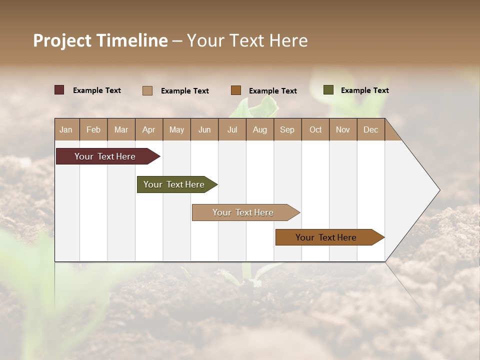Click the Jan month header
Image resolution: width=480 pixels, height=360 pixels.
point(66,129)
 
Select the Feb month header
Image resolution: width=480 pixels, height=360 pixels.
point(93,129)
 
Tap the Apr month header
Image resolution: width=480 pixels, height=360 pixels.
point(149,129)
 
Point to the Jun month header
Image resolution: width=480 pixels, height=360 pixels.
point(204,129)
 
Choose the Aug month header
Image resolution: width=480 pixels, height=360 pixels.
point(260,129)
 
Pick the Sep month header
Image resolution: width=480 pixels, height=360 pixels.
point(287,129)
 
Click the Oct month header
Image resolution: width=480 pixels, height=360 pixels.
point(315,129)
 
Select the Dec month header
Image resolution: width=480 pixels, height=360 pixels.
point(371,129)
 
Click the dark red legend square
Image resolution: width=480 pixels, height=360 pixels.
point(59,90)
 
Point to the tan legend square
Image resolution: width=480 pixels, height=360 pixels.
point(147,90)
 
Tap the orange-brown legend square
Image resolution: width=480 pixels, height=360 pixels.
point(236,90)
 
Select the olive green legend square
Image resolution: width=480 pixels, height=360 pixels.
point(328,90)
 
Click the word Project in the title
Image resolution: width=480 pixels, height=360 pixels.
point(62,40)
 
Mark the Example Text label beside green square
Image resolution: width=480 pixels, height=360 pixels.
point(364,90)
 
